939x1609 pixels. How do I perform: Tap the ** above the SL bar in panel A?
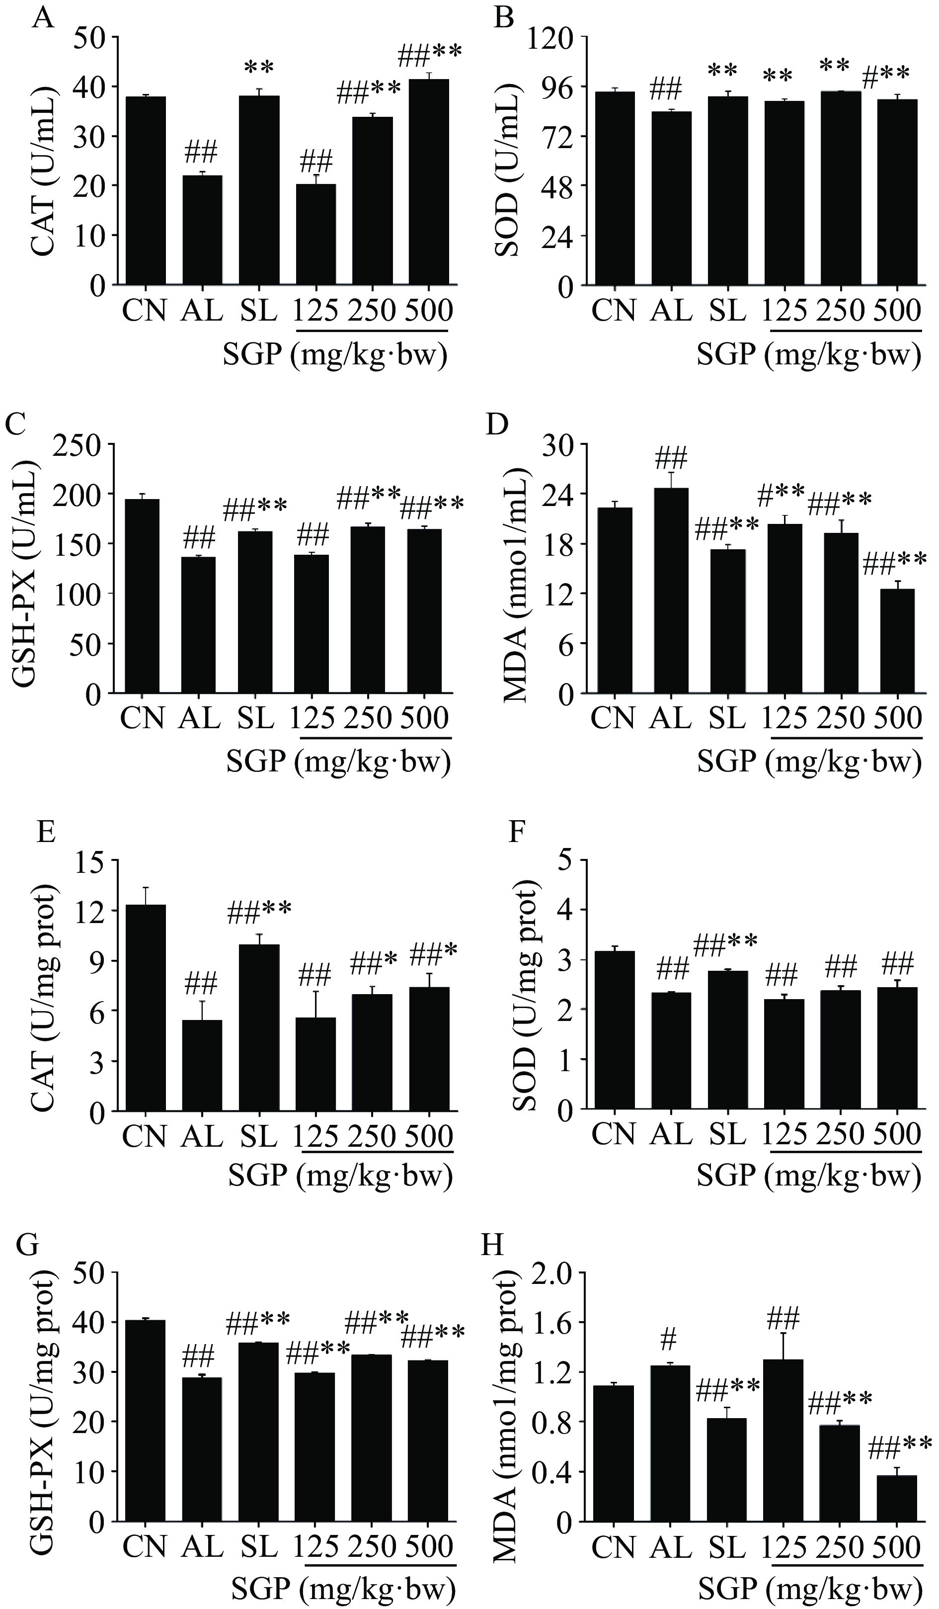point(258,67)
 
